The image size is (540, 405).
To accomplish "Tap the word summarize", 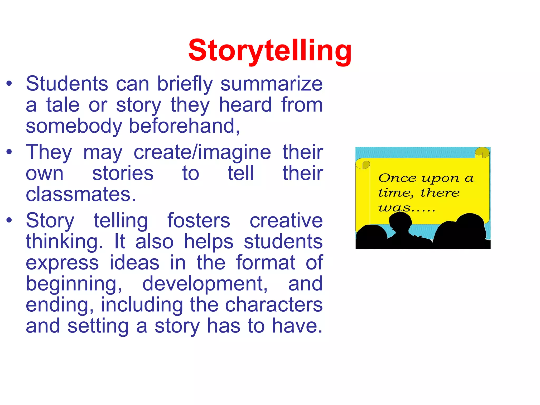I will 272,84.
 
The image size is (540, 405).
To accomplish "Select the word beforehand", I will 184,126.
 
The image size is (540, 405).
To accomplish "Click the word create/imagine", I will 202,152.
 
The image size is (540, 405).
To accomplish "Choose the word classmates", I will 81,195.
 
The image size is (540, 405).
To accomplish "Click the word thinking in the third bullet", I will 64,242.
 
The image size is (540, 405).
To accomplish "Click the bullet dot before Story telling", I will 9,220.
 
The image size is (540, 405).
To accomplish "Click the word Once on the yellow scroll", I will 397,178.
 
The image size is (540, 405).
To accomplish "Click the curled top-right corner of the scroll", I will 482,152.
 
